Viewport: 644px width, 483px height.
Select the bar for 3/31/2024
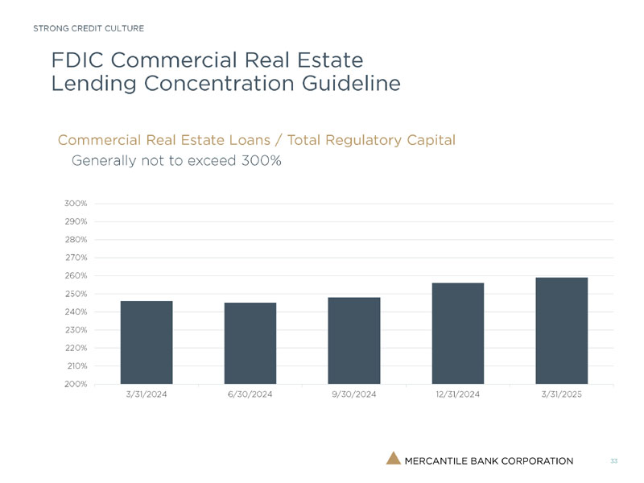pos(147,342)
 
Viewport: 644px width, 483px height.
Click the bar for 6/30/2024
pos(250,343)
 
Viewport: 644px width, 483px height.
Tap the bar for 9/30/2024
pos(354,341)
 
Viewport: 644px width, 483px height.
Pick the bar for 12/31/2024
pos(458,333)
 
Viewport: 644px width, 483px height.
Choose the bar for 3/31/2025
pos(562,330)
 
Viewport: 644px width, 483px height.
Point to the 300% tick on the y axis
pos(76,204)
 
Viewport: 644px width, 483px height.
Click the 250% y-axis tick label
pos(76,294)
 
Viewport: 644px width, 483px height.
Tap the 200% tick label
pos(76,384)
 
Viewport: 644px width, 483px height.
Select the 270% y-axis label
pos(76,258)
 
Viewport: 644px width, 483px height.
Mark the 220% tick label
pos(76,348)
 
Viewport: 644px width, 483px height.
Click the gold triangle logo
pos(393,459)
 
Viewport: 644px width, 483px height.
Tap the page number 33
pos(614,460)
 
